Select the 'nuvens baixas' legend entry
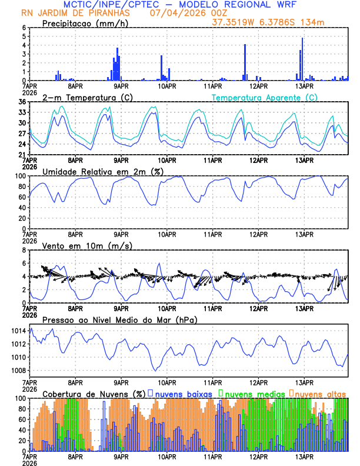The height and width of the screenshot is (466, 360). pyautogui.click(x=182, y=393)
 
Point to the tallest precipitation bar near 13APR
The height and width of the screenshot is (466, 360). pyautogui.click(x=302, y=59)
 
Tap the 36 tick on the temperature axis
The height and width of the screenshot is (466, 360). pyautogui.click(x=22, y=102)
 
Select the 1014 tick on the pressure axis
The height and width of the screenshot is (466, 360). pyautogui.click(x=18, y=331)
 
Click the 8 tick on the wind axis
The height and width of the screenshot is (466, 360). pyautogui.click(x=24, y=250)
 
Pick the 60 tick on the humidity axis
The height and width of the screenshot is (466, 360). pyautogui.click(x=22, y=197)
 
